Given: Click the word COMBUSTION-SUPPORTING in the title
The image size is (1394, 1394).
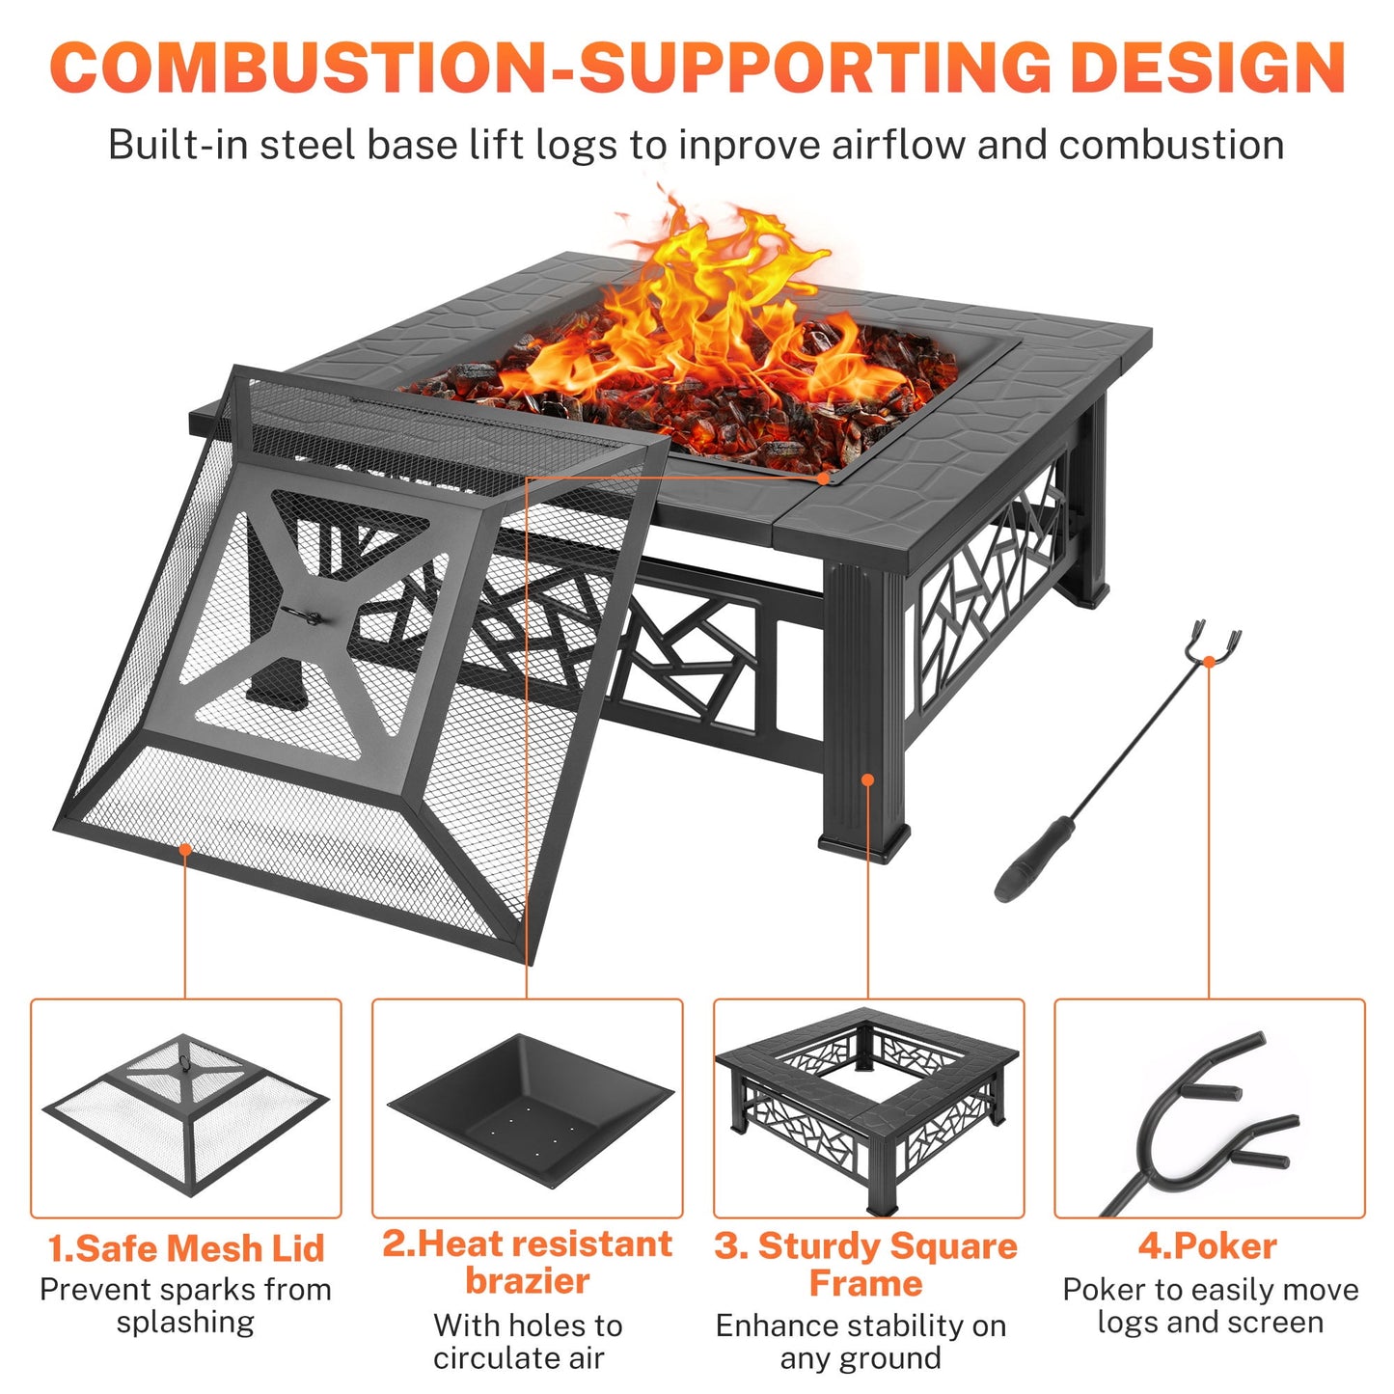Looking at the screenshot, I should coord(550,68).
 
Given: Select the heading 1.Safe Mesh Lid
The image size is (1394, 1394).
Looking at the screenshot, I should coord(185,1247).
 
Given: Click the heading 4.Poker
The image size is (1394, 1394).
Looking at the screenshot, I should coord(1208,1245).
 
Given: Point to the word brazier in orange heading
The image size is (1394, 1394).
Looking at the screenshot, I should coord(527,1281).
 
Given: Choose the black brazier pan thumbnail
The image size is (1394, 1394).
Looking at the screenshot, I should coord(529,1109).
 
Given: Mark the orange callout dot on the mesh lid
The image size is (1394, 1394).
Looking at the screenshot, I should coord(185,849).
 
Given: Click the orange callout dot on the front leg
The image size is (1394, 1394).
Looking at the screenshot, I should coord(867,779).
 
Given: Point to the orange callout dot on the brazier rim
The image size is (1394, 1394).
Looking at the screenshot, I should coord(822,478).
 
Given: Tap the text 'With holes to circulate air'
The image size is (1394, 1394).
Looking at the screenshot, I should coord(527,1341).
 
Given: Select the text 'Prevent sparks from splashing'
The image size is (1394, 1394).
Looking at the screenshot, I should coord(185,1305).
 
